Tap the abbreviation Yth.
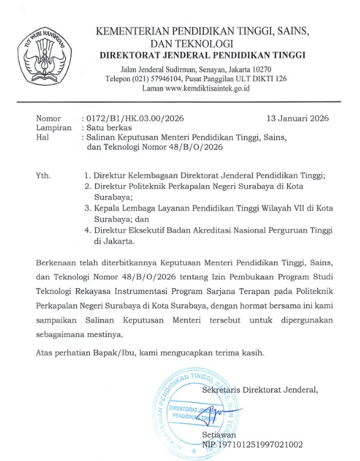pyautogui.click(x=44, y=176)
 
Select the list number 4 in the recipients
pyautogui.click(x=87, y=230)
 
